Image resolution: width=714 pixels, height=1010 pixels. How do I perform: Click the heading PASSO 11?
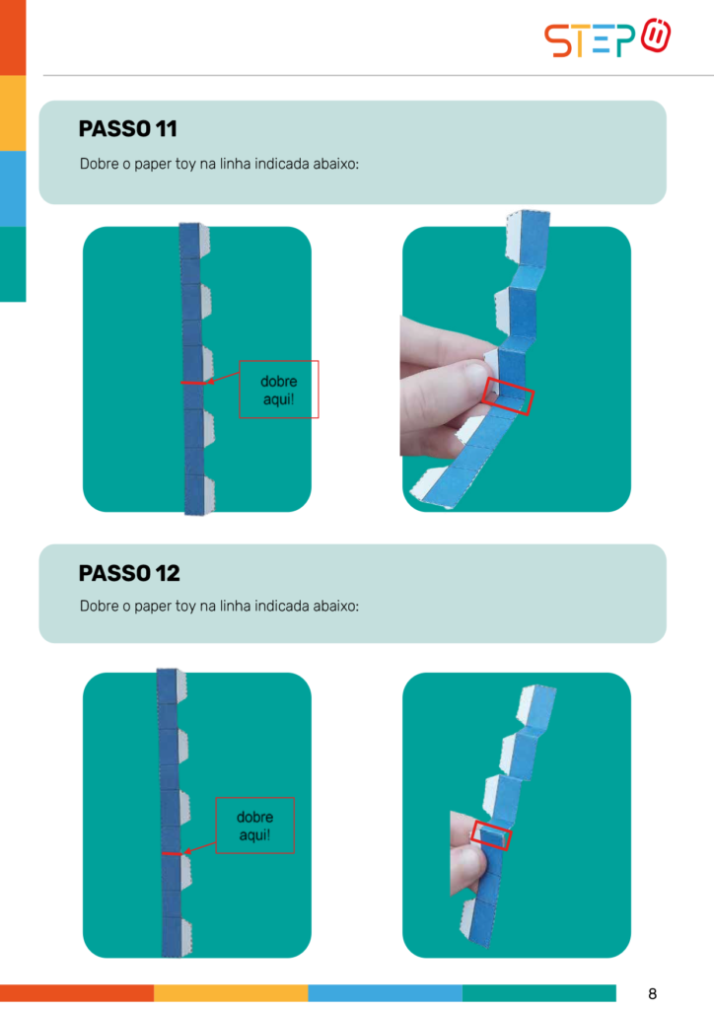pos(127,129)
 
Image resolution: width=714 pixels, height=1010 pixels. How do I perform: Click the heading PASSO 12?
pos(129,573)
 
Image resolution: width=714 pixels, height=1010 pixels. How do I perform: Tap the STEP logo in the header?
pos(607,38)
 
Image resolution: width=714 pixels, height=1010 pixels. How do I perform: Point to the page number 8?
pos(652,993)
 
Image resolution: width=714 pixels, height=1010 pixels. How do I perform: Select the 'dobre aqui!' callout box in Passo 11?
pos(279,389)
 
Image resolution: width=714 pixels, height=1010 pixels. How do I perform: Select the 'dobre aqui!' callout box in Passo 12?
pos(255,826)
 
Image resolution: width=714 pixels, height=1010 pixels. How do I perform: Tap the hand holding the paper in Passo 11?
pos(444,387)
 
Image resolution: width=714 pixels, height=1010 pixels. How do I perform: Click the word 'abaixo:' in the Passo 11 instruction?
pos(335,164)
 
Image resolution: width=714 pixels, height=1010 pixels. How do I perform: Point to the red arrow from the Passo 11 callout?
pos(223,377)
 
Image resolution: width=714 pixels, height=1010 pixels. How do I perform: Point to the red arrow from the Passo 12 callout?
pos(199,847)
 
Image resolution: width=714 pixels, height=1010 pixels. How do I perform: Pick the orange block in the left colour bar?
pos(13,37)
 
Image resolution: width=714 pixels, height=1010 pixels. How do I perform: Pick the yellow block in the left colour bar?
pos(13,113)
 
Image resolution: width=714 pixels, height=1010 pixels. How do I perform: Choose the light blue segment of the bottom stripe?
pos(385,992)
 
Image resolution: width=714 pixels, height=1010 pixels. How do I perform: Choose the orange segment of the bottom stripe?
pos(77,992)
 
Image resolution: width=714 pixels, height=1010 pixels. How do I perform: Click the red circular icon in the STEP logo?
pos(656,36)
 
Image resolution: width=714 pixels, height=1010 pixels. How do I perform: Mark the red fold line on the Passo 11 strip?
pos(193,384)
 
